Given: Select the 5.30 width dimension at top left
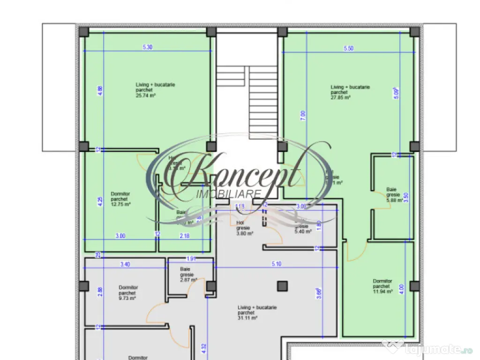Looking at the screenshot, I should tap(147, 47).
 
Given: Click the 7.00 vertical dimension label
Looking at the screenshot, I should tap(303, 114).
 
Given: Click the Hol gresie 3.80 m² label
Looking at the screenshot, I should tap(245, 228).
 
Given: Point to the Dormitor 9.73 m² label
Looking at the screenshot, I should tap(127, 292).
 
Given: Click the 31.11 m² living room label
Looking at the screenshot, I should tap(257, 313).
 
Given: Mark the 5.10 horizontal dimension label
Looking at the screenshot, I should tap(277, 264).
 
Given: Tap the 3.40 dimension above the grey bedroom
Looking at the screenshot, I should tap(125, 264).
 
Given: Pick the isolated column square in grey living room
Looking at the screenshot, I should tap(282, 285).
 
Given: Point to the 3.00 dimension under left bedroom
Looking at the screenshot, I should tap(120, 236).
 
